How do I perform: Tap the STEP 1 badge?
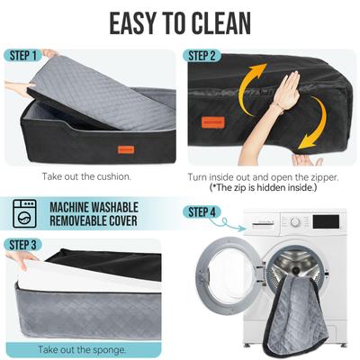pos(29,56)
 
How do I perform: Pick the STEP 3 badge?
pos(29,244)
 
